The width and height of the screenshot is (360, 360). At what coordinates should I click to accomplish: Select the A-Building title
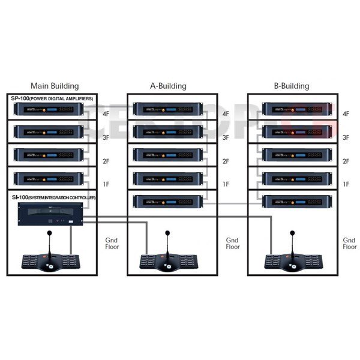(168, 86)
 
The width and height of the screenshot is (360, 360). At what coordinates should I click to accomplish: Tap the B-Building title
(291, 86)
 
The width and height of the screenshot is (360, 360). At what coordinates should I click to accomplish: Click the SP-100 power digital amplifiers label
(53, 98)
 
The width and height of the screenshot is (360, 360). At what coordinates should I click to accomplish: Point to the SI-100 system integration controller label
(53, 197)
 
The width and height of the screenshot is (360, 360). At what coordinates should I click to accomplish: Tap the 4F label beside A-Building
(226, 113)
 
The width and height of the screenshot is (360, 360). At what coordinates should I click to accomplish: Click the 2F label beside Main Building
(106, 161)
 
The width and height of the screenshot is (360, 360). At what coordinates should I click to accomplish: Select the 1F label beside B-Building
(346, 184)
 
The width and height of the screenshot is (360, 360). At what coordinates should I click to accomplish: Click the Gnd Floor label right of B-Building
(349, 243)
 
